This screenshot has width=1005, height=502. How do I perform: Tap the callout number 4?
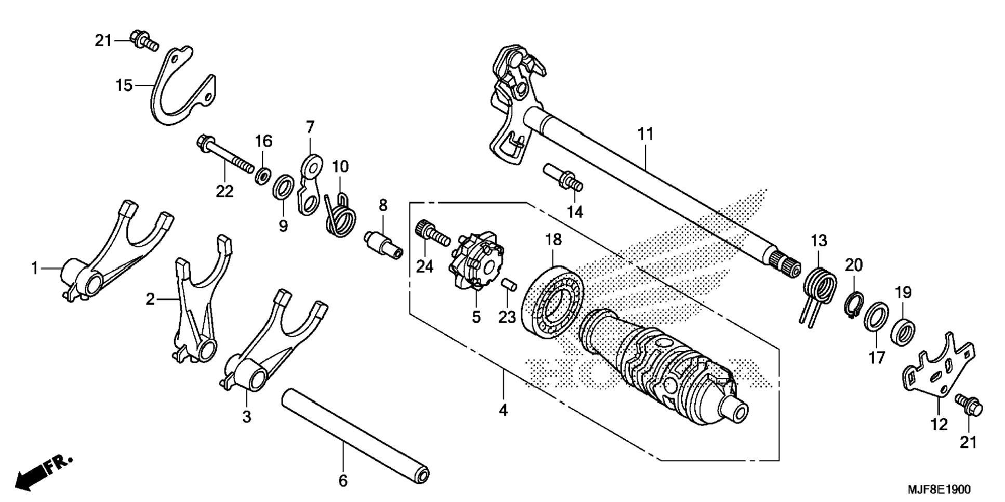(x=503, y=411)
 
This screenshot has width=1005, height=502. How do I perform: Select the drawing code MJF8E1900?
(x=938, y=490)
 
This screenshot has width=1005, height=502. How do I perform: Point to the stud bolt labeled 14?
(x=563, y=179)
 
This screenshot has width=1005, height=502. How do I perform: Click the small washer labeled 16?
(x=262, y=175)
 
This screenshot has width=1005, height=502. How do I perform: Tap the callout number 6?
(x=342, y=481)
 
